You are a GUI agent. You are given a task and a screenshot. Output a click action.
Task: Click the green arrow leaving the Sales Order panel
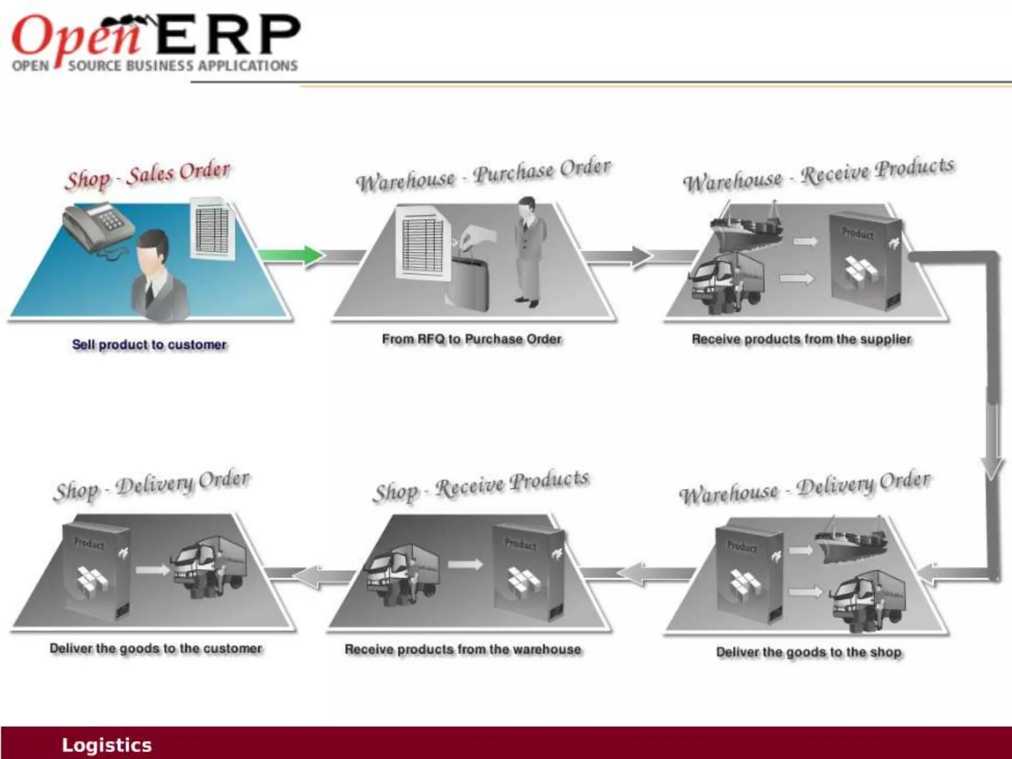coord(292,255)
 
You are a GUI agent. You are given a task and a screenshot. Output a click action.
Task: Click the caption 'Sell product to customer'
coord(149,344)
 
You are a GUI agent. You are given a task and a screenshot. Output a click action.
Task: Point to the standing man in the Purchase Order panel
coord(529,252)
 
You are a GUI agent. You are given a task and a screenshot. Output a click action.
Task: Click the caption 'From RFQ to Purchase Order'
coord(472,339)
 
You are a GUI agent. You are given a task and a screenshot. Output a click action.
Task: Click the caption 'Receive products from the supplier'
coord(801,339)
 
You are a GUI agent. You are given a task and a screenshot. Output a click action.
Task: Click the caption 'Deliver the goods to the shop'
coord(809,652)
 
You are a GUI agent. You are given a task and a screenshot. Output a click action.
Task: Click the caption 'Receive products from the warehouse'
coord(463,649)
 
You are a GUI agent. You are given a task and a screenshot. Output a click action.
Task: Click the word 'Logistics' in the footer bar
coord(107,745)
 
